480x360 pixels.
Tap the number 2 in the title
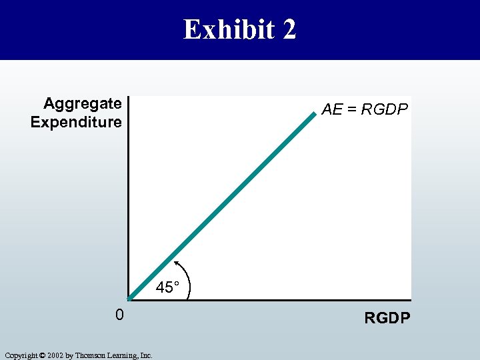[x=288, y=30]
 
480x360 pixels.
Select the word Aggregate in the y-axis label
[x=83, y=103]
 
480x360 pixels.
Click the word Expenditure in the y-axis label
[x=76, y=122]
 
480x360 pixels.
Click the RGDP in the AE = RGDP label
[x=384, y=109]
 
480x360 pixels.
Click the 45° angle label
[x=168, y=288]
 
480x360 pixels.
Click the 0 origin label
[x=119, y=314]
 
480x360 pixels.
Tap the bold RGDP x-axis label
[x=387, y=318]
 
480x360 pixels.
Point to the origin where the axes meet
[x=129, y=299]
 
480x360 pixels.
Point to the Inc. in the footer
[x=146, y=355]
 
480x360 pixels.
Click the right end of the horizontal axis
[x=410, y=299]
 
